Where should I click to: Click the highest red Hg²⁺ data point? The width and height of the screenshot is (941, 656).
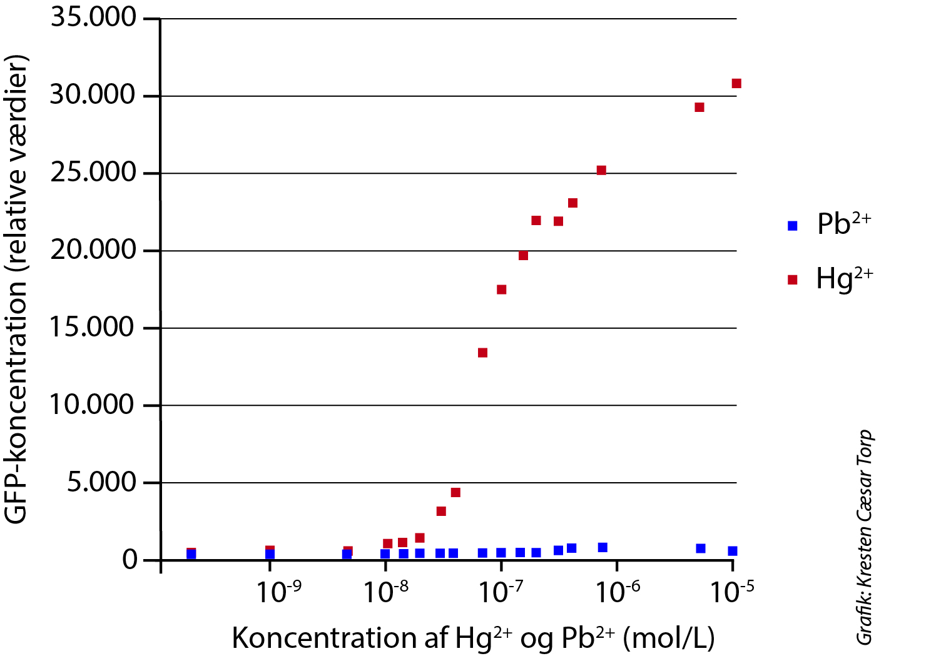(x=736, y=84)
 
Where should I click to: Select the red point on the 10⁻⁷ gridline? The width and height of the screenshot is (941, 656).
(x=501, y=290)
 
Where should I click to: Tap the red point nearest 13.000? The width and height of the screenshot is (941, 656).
(x=482, y=353)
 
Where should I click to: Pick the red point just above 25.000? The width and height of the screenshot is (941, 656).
(x=601, y=170)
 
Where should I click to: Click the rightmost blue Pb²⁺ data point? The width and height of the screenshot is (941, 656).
(x=733, y=551)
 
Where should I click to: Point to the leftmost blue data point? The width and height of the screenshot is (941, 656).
(x=191, y=554)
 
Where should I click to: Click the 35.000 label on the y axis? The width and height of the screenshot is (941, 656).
(x=93, y=18)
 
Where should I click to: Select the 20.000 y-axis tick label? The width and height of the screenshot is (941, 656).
(x=93, y=250)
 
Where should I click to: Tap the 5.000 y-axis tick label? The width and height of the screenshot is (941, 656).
(x=102, y=482)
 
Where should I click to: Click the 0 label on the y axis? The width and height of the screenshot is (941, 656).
(x=130, y=560)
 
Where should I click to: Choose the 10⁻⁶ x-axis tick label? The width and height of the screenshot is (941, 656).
(x=617, y=592)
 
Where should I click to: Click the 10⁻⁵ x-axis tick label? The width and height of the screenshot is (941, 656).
(x=732, y=592)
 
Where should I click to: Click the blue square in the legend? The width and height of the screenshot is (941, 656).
(x=793, y=226)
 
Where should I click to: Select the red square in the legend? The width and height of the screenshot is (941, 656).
(x=793, y=280)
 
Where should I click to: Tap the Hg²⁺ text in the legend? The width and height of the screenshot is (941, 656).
(x=843, y=279)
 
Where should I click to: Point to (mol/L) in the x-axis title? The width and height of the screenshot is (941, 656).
(x=673, y=638)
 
